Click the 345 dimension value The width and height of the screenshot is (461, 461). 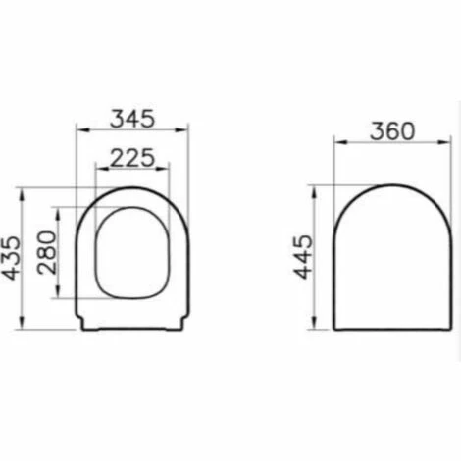click(132, 119)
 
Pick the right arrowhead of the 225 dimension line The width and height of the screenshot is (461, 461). click(168, 169)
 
